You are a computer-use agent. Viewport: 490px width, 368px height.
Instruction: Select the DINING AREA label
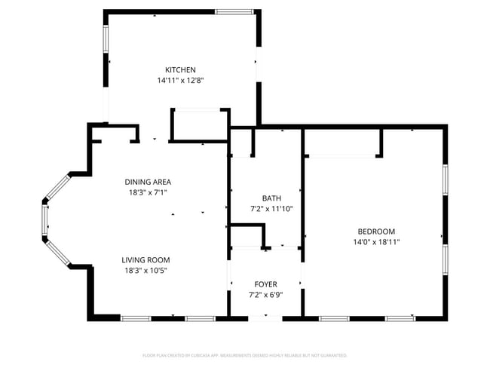tap(148, 182)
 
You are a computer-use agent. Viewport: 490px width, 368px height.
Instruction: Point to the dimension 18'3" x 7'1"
tap(148, 192)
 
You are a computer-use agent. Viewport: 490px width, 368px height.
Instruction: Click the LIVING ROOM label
tap(146, 260)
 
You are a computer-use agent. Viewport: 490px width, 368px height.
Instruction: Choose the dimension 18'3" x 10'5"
tap(146, 271)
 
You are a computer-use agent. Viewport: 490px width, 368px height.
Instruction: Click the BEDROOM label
tap(376, 232)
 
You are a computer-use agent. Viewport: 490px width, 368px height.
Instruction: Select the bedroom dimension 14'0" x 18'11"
tap(376, 242)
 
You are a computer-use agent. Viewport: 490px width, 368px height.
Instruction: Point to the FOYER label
tap(265, 284)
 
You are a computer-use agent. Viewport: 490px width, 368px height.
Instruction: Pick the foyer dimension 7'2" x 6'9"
tap(265, 295)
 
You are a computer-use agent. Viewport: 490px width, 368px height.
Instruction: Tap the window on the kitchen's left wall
tap(106, 38)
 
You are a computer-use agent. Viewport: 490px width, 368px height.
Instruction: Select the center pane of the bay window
tap(45, 219)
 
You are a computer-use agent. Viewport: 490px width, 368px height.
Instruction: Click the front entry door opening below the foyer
tap(265, 318)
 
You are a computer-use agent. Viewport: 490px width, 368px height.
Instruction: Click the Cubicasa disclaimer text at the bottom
tap(245, 354)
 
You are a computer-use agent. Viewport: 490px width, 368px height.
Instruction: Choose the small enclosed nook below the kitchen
tap(199, 125)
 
